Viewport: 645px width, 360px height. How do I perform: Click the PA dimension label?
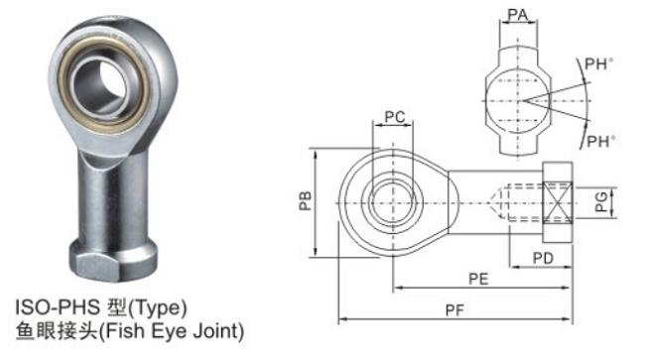click(x=517, y=15)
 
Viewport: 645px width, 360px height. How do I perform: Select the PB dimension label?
click(x=306, y=201)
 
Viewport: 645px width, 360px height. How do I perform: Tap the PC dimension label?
click(x=395, y=117)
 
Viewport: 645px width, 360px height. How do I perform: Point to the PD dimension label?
click(x=543, y=258)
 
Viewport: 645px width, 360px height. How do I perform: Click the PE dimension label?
click(x=478, y=279)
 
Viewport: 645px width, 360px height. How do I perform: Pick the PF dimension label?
click(x=454, y=310)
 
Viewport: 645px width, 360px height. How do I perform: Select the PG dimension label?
click(x=601, y=201)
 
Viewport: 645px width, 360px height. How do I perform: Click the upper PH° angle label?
click(x=599, y=63)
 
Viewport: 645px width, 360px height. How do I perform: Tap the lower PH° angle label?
click(x=601, y=142)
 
